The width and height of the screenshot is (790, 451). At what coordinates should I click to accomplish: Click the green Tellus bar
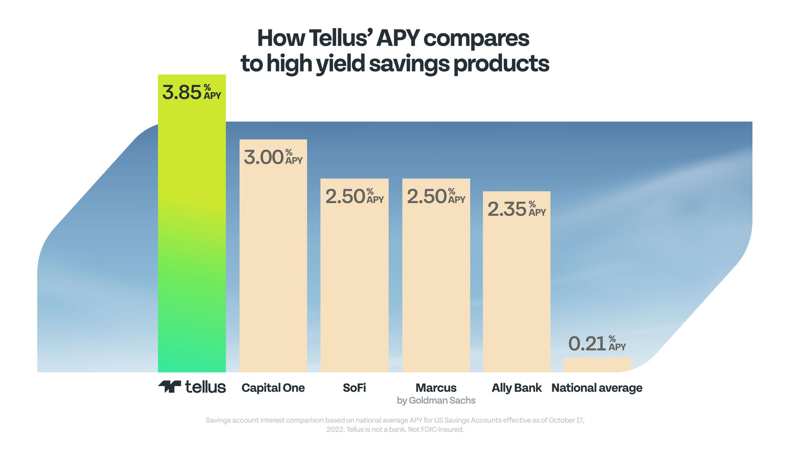(192, 223)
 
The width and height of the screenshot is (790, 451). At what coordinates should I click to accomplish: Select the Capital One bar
(273, 256)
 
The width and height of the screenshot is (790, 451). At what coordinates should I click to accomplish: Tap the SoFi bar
(354, 275)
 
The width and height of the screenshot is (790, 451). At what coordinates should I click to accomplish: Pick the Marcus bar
(436, 275)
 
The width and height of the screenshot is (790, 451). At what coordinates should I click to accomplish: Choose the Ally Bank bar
(517, 282)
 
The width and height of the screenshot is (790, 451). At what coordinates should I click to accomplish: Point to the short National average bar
(597, 365)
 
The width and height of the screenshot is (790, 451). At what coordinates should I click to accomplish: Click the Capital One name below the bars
(273, 388)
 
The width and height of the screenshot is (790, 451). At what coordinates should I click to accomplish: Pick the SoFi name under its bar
(354, 388)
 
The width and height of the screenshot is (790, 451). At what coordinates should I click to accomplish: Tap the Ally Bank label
(517, 388)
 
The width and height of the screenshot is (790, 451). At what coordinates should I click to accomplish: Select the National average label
(597, 388)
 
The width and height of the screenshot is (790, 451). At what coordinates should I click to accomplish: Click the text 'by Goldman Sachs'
(436, 400)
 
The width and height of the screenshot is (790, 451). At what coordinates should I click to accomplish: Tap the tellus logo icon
(170, 387)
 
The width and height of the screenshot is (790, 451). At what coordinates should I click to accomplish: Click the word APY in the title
(398, 38)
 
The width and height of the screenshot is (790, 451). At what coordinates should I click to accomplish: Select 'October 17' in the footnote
(566, 420)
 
